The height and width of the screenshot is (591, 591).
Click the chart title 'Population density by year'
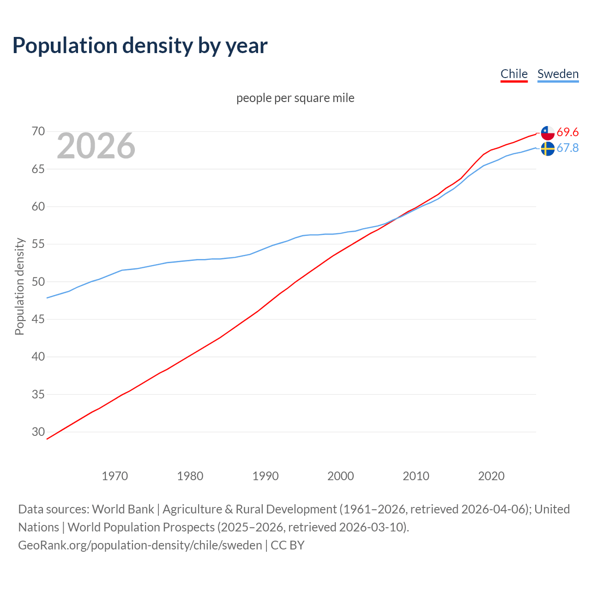coord(140,46)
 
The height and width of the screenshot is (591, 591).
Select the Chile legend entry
coord(514,74)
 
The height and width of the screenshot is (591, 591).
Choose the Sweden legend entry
coord(558,74)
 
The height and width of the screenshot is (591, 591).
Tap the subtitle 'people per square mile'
coord(295,98)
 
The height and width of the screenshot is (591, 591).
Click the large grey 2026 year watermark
coord(96,146)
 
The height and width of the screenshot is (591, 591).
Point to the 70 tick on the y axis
coord(38,132)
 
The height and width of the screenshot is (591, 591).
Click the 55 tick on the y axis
coord(38,244)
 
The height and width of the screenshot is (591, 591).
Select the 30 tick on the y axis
coord(38,432)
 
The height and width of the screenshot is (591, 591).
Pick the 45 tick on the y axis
coord(38,320)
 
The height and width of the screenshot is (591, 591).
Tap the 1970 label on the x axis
coord(115,476)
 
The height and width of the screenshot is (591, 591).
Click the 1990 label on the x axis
coord(265,476)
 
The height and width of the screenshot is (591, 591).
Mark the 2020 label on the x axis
coord(491,476)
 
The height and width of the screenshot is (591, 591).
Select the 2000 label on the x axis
coord(341,476)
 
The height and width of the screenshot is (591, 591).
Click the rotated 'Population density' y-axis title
coord(19,286)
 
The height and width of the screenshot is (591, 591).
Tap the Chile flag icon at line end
coord(548,133)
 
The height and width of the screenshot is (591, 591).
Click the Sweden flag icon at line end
coord(548,149)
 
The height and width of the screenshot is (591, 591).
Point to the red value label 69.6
coord(567,133)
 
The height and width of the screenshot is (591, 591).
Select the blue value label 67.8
coord(567,148)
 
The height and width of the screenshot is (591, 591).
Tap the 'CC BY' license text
coord(288,545)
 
